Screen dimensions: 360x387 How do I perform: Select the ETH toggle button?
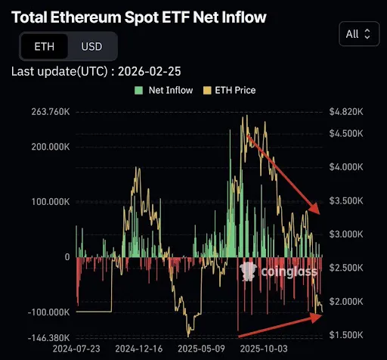(x=45, y=46)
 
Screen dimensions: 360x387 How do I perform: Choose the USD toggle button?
(x=92, y=46)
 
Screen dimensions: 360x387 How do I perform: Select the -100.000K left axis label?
(x=46, y=312)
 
